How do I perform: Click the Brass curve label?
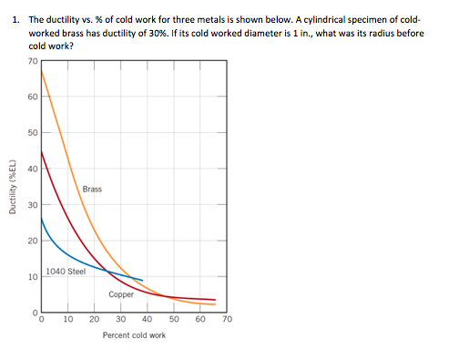click(x=92, y=190)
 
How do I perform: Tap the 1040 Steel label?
click(x=66, y=271)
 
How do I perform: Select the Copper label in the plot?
click(x=121, y=294)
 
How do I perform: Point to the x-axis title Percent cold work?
click(x=134, y=335)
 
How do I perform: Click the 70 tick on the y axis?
click(x=32, y=61)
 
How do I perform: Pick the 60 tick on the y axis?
click(x=32, y=97)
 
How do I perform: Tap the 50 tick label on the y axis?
click(x=32, y=133)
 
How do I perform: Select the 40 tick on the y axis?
click(x=32, y=169)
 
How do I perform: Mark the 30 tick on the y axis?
click(x=32, y=205)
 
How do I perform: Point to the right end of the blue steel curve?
click(x=143, y=280)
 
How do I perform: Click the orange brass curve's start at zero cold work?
click(x=41, y=72)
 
